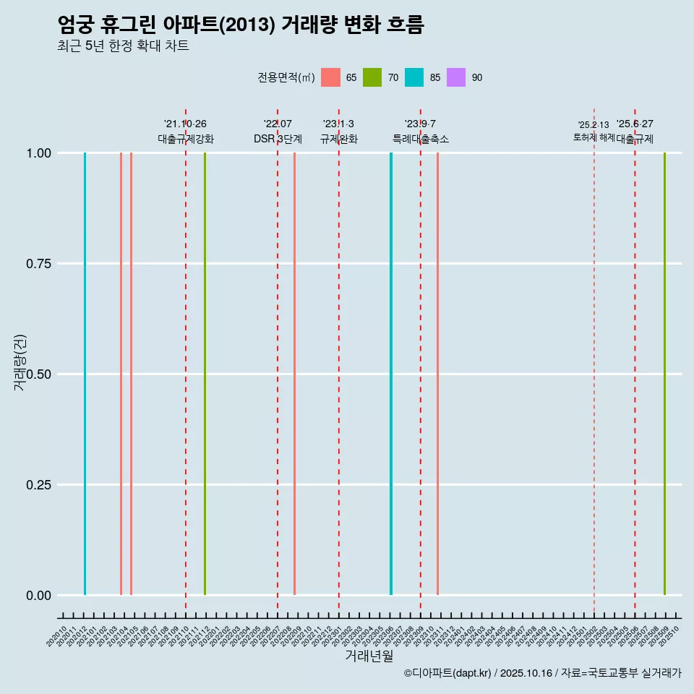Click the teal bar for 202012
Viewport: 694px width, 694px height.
click(85, 374)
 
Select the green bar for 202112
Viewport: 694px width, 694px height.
click(205, 374)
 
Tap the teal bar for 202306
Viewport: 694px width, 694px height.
click(391, 374)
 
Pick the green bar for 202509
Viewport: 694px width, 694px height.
click(664, 374)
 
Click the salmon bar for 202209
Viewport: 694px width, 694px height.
click(294, 374)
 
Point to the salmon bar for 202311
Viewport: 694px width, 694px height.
click(437, 374)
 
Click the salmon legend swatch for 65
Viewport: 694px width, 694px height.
click(330, 77)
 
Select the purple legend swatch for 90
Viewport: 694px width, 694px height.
click(456, 77)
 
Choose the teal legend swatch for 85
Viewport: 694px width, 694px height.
click(414, 77)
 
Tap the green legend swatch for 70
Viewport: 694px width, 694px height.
click(372, 77)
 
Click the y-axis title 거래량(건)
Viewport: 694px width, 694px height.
click(20, 361)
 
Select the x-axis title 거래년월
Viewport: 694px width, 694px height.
click(369, 656)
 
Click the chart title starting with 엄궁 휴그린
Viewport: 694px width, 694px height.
click(240, 25)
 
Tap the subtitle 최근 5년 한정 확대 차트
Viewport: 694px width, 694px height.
click(123, 46)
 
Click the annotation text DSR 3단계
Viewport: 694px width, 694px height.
click(278, 139)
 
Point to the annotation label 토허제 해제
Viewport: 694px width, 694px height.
click(594, 137)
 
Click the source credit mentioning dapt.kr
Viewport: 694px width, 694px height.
click(542, 673)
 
